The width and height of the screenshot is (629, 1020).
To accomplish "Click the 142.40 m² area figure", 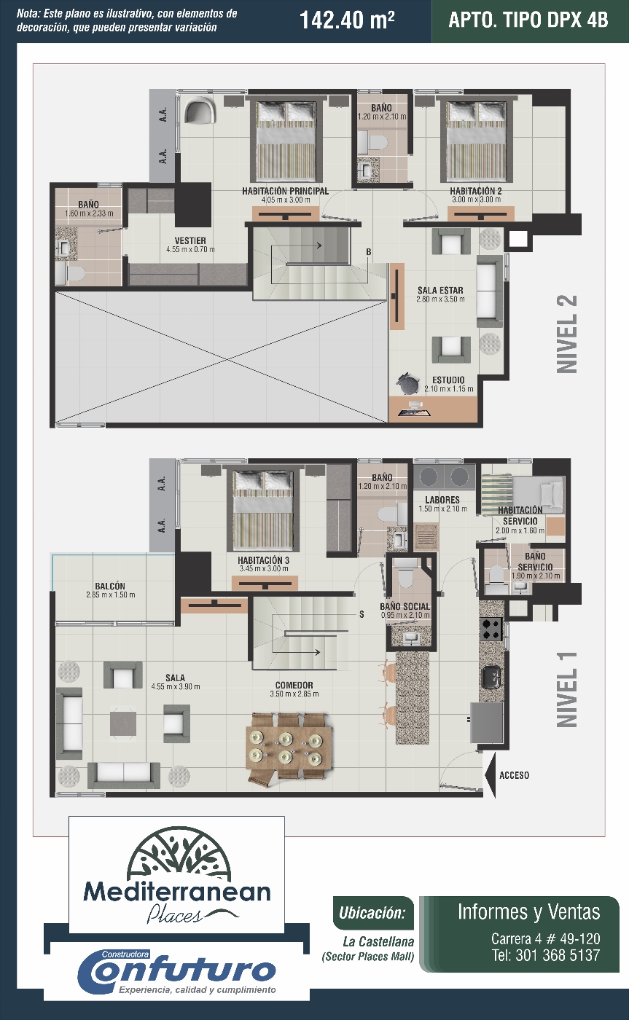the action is pos(347,20).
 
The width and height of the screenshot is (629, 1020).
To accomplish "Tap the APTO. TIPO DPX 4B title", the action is pos(528,20).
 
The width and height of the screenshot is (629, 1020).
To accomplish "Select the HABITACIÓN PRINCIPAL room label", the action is pos(286,191).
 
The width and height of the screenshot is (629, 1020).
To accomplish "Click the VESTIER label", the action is pos(190,240).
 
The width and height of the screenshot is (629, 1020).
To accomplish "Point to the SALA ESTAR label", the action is pos(440,290).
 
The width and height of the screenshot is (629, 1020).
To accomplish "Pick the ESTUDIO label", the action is pos(449,380).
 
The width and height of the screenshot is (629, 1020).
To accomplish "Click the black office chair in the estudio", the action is pos(407,384).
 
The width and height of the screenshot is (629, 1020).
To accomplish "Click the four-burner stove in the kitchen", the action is pos(491,629).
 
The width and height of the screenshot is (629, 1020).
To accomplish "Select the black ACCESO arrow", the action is pos(491,775).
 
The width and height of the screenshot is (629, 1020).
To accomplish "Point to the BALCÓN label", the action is pos(110,586).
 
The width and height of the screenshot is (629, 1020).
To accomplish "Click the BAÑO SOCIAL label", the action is pos(405,606).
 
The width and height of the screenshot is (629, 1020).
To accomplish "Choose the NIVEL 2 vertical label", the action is pos(567,334).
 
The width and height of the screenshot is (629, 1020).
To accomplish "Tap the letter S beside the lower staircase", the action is pos(362,614).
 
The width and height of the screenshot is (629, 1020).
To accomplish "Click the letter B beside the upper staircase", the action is pos(369,252).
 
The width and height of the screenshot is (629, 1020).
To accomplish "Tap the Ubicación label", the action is pos(372,913).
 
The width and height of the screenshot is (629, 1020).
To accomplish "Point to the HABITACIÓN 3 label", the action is pos(264,560).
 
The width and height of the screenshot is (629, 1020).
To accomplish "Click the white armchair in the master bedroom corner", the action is pos(200,111).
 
